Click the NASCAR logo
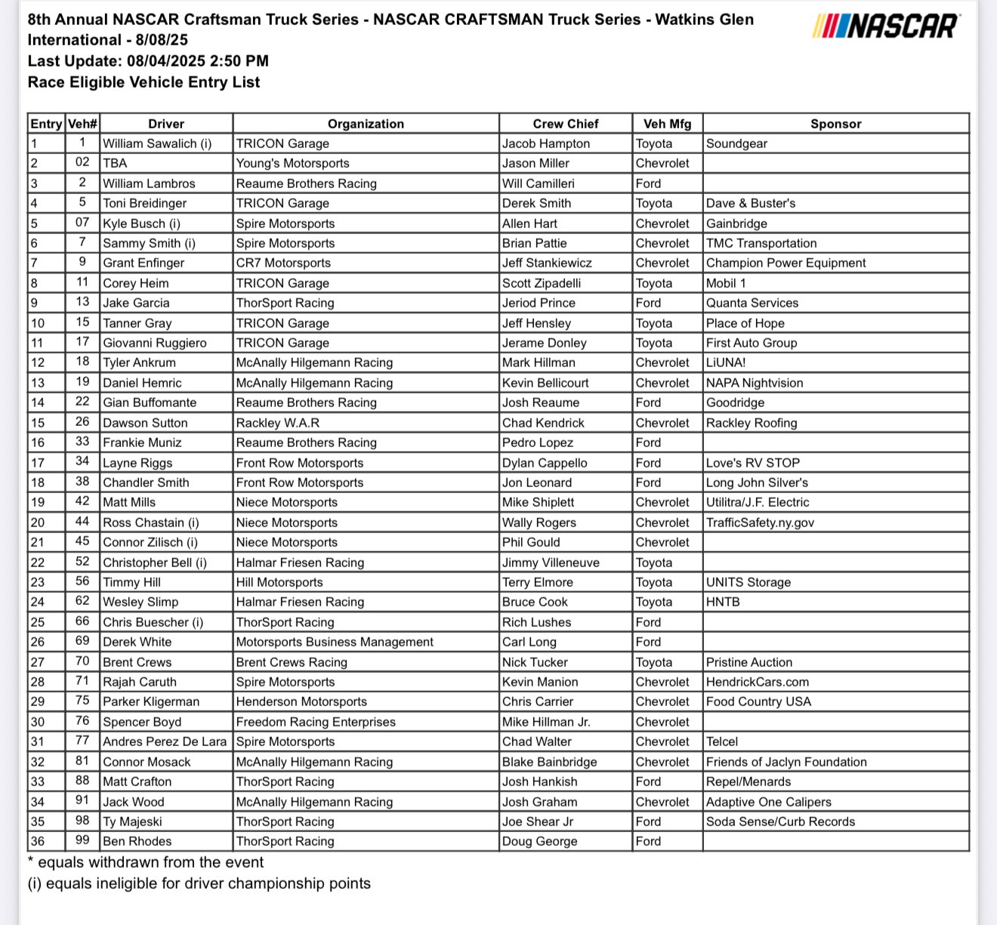click(x=886, y=26)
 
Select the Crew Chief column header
click(x=565, y=124)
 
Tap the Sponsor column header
click(x=835, y=124)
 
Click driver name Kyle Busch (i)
click(x=141, y=224)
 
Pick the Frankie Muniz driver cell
click(x=142, y=442)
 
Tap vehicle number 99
click(x=82, y=840)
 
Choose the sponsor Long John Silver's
click(x=757, y=483)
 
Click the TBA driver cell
click(x=115, y=163)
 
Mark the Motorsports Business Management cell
click(x=335, y=642)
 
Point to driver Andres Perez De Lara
click(x=165, y=742)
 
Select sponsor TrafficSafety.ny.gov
click(x=760, y=523)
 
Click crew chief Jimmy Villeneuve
click(x=551, y=563)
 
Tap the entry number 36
click(x=38, y=841)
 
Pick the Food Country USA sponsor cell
click(x=758, y=701)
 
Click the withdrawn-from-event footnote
click(x=146, y=862)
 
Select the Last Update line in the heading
click(x=148, y=61)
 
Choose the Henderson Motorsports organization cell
click(x=301, y=701)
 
